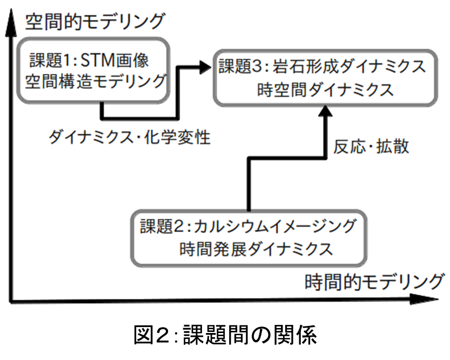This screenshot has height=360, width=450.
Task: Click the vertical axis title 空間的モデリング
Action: (x=95, y=22)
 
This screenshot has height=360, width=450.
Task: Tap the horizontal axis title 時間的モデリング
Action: (x=374, y=282)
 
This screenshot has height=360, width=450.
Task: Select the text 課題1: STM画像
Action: (x=89, y=60)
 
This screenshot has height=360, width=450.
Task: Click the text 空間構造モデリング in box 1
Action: (x=96, y=81)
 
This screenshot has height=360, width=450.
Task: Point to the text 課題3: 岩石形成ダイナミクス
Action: (x=323, y=66)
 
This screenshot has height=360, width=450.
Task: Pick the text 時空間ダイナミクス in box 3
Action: (x=325, y=90)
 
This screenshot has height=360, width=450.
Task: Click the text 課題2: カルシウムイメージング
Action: (x=248, y=226)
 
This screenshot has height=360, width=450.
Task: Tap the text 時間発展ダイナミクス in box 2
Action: (x=256, y=249)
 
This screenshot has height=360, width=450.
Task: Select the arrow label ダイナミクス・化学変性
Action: (x=130, y=137)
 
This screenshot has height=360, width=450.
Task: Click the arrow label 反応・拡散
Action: (x=371, y=146)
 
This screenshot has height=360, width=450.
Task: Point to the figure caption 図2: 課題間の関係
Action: (x=225, y=335)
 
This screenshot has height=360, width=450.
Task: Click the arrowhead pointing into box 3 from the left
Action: (x=205, y=67)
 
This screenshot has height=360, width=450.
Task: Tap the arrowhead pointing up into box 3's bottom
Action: (x=325, y=111)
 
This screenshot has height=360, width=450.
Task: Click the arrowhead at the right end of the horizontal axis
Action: (x=425, y=299)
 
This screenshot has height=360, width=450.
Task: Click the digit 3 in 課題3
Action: (x=257, y=66)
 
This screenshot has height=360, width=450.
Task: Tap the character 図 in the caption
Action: (x=143, y=335)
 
